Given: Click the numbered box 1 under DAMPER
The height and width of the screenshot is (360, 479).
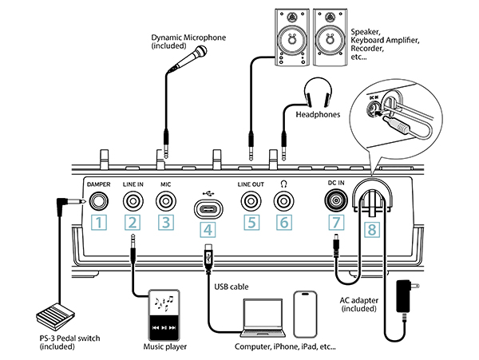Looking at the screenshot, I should [x=97, y=222].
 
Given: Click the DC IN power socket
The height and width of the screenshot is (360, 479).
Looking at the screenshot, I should [x=335, y=200].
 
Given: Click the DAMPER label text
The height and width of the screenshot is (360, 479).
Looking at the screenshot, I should [x=97, y=184].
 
